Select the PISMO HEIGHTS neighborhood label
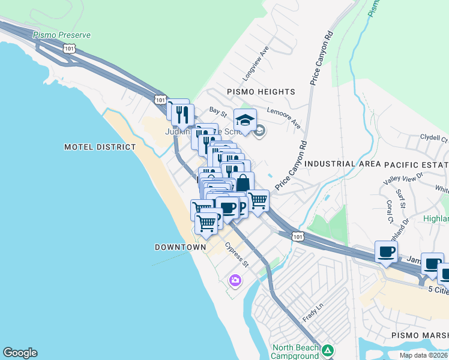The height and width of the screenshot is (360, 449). [261, 92]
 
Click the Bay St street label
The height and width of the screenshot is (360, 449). [217, 111]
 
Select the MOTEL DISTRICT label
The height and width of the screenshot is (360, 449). [100, 146]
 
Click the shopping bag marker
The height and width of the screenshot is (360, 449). [243, 182]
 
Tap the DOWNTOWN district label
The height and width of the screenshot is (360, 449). [181, 247]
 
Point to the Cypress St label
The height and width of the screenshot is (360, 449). [237, 254]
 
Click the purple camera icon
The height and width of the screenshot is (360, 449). [235, 280]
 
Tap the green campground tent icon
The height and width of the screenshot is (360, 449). [327, 350]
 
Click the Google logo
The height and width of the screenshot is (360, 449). [20, 353]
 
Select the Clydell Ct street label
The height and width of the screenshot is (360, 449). [433, 137]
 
